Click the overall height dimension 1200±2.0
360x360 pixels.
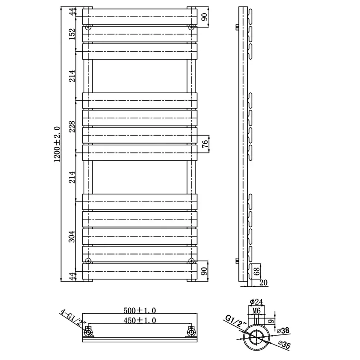click(57, 144)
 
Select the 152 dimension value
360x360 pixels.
click(72, 34)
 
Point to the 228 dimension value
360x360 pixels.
click(72, 126)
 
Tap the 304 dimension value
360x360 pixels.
click(72, 237)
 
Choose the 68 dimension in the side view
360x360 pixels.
click(257, 271)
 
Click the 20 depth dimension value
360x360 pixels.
click(264, 283)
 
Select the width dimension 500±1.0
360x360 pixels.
click(140, 310)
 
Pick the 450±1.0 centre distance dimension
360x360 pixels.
click(140, 320)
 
